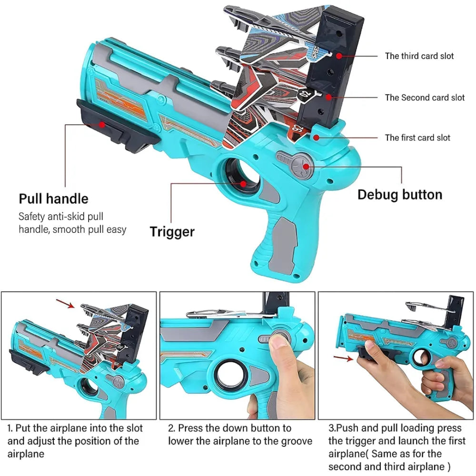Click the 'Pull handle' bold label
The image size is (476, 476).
pos(53,198)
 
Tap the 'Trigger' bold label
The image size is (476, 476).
pos(172,232)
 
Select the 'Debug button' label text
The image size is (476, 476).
pos(400,194)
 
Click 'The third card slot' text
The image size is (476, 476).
pos(419,56)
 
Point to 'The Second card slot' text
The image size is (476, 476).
pos(425,98)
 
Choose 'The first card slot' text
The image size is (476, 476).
pos(417,138)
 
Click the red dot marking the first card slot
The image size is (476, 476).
pos(314,137)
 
